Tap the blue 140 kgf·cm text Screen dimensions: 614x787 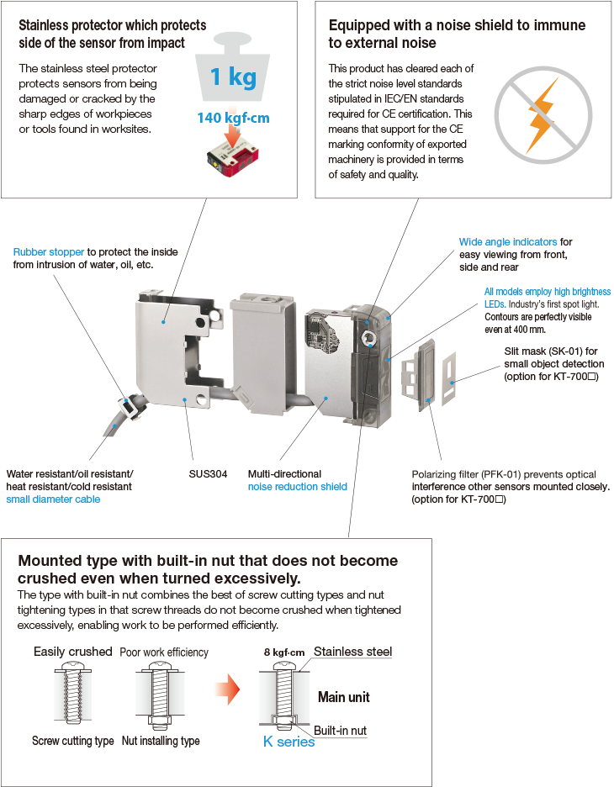pyautogui.click(x=234, y=118)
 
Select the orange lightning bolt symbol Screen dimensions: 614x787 pyautogui.click(x=543, y=115)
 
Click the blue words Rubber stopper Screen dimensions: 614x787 pyautogui.click(x=49, y=252)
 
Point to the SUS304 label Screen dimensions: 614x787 pyautogui.click(x=208, y=474)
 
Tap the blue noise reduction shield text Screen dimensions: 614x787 pyautogui.click(x=297, y=486)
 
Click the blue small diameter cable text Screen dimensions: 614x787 pyautogui.click(x=53, y=499)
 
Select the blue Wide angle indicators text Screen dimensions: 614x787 pyautogui.click(x=507, y=242)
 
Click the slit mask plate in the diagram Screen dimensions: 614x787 pyautogui.click(x=449, y=378)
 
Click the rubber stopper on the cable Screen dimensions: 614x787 pyautogui.click(x=131, y=406)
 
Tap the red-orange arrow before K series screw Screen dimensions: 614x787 pyautogui.click(x=227, y=689)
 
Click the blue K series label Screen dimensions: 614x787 pyautogui.click(x=288, y=742)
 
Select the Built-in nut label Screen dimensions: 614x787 pyautogui.click(x=340, y=731)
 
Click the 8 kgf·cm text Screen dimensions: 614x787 pyautogui.click(x=284, y=652)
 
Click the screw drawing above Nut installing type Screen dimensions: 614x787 pyautogui.click(x=160, y=695)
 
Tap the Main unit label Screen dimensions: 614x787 pyautogui.click(x=344, y=697)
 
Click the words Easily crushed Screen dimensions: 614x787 pyautogui.click(x=73, y=652)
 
